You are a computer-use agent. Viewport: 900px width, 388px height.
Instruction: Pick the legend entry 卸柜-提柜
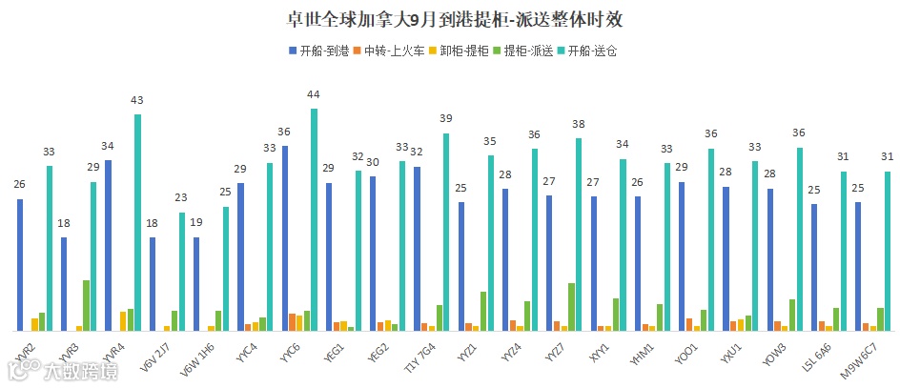click(x=460, y=51)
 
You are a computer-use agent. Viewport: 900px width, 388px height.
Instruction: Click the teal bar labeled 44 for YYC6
click(x=314, y=219)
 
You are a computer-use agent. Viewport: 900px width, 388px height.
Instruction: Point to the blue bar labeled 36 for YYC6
click(x=285, y=238)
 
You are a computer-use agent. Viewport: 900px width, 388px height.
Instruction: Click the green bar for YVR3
click(x=86, y=305)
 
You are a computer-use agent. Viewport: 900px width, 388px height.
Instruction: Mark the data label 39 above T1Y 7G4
click(x=446, y=118)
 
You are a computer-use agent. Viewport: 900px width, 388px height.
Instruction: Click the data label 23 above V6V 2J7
click(x=181, y=197)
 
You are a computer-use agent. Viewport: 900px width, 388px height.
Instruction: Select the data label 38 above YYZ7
click(x=578, y=124)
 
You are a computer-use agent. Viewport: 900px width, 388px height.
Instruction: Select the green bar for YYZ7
click(x=571, y=306)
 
